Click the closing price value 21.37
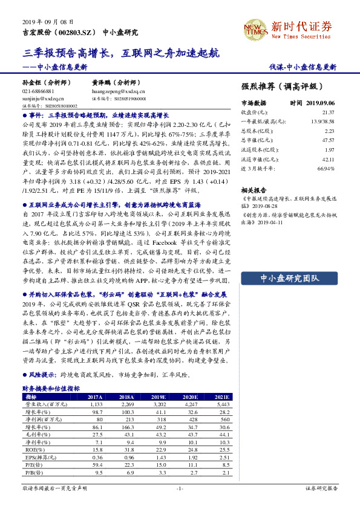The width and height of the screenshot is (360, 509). [327, 112]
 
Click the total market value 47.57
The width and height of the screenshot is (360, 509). [327, 140]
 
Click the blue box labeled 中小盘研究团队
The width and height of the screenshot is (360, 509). [290, 278]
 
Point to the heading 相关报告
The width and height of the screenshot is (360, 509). [253, 189]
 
